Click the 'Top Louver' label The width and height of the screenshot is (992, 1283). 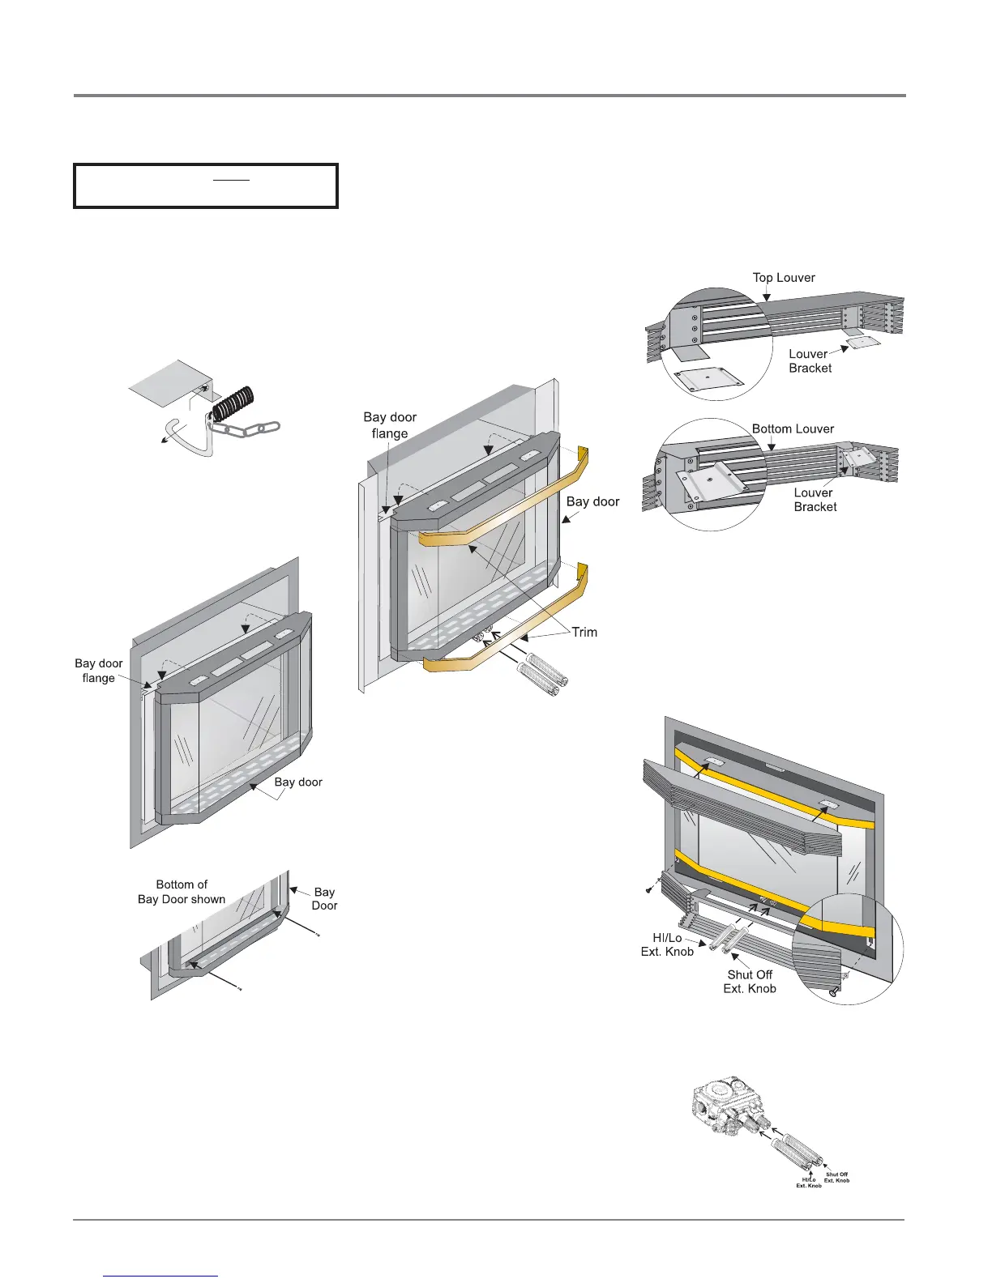point(784,278)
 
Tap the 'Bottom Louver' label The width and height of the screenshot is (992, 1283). point(793,428)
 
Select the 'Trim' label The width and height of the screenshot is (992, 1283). point(584,632)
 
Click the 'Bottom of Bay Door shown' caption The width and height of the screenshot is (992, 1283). point(182,892)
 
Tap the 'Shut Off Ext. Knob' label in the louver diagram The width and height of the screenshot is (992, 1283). point(750,981)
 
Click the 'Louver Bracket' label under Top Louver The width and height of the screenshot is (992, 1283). point(810,360)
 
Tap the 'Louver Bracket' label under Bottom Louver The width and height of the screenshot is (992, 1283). point(815,499)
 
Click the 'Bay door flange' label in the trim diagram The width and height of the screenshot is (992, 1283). point(390,425)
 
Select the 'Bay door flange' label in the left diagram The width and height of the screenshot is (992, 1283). point(99,671)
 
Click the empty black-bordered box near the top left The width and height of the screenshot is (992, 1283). point(206,186)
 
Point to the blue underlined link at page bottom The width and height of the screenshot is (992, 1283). point(161,1276)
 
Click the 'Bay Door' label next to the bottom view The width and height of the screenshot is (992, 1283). point(324,898)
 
